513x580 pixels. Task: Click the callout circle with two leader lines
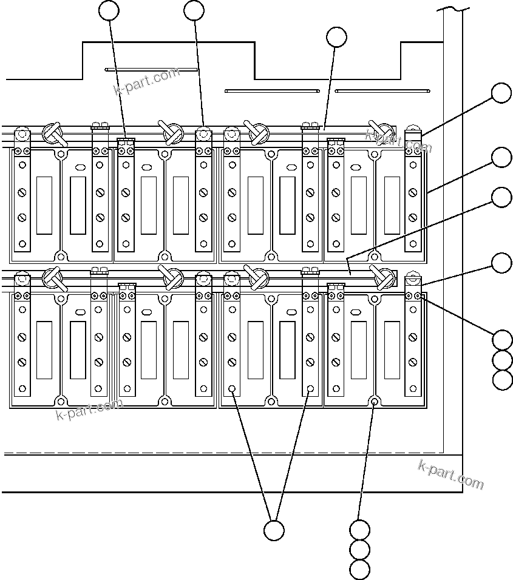274,530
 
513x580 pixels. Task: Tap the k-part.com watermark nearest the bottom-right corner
450,475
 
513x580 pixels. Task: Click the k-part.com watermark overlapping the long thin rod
147,81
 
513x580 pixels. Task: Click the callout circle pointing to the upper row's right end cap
501,93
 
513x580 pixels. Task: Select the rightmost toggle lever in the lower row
382,277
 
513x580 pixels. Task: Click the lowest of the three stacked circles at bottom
360,570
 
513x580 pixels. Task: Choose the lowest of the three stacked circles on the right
503,380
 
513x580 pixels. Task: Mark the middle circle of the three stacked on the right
503,360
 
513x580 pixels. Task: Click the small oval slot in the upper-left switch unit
78,167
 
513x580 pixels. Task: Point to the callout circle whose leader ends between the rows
501,197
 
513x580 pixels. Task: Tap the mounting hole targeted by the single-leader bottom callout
375,401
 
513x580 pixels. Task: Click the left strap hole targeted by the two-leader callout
232,388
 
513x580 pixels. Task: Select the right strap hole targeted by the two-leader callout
310,388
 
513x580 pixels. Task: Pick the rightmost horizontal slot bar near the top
383,91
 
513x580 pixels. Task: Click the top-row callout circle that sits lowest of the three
336,37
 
